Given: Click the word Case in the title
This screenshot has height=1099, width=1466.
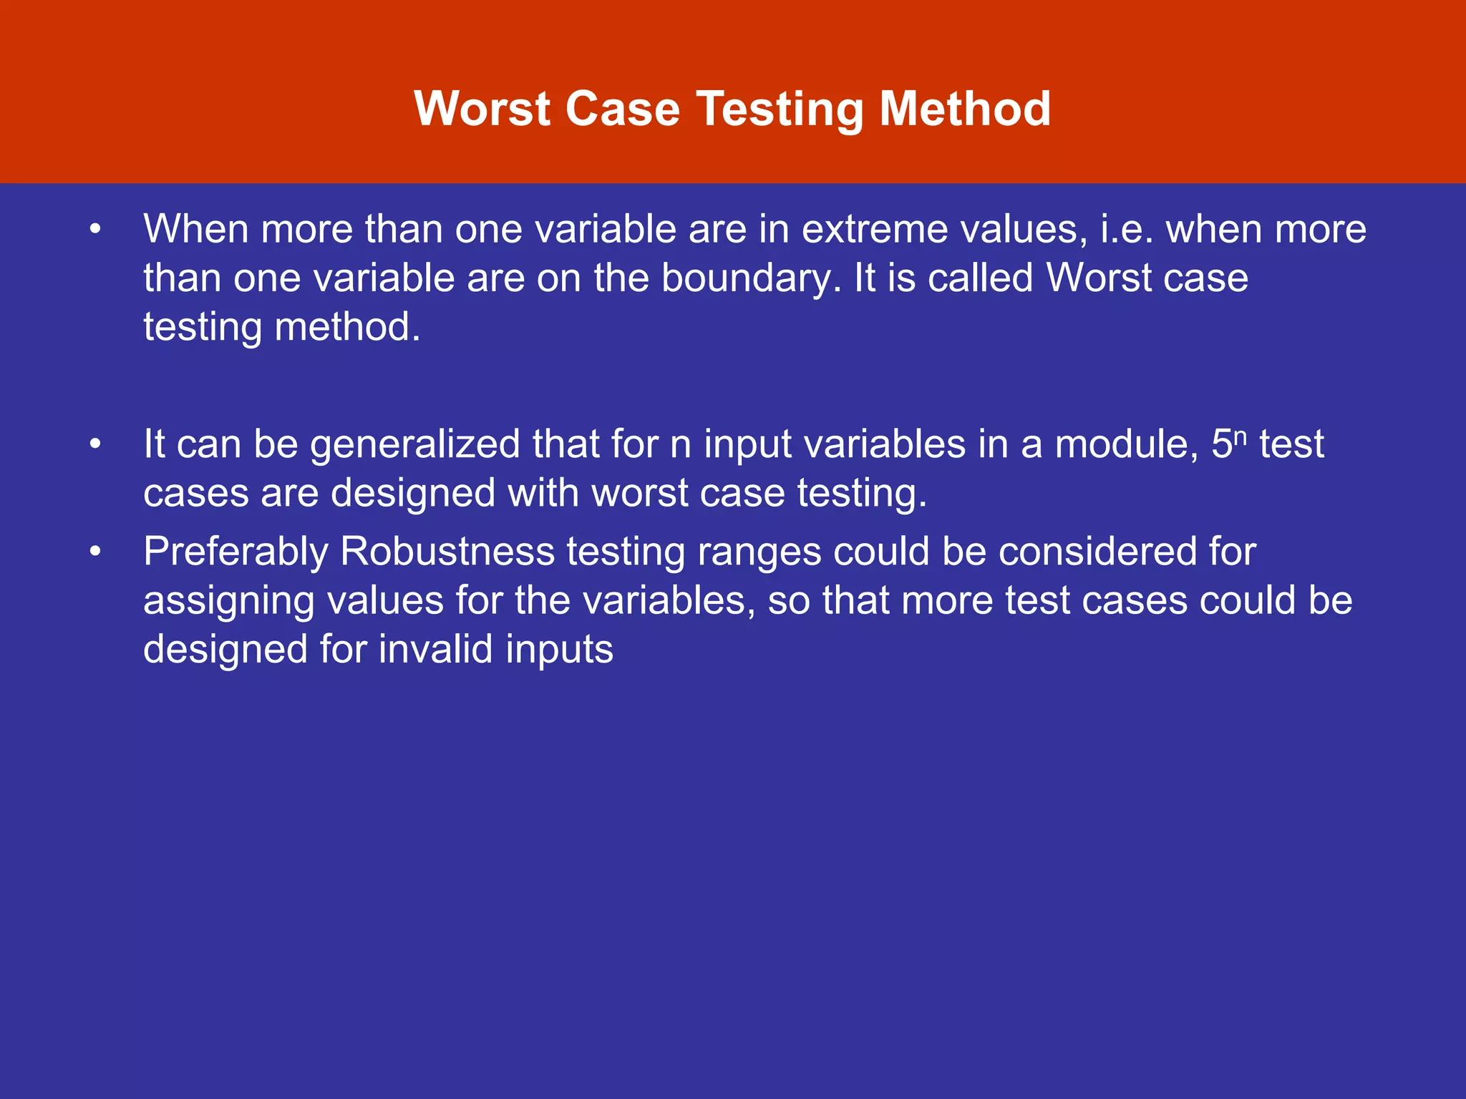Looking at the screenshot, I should pos(622,109).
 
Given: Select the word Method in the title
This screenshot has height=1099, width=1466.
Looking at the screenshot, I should pos(964,109).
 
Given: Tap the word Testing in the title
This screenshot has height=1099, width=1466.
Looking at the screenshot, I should pos(780,110).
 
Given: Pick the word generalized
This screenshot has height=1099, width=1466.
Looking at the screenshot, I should pos(415,445).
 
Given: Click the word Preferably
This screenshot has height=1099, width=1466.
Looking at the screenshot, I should pos(236,552).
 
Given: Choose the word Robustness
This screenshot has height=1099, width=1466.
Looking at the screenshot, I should pos(447,552).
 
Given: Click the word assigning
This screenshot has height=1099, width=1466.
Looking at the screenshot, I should pos(229,602).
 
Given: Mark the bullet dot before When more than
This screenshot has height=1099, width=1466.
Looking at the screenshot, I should pos(96,230).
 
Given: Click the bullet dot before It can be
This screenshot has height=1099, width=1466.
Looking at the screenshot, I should pos(96,445).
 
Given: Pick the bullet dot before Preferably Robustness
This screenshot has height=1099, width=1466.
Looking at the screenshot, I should pos(96,552).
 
